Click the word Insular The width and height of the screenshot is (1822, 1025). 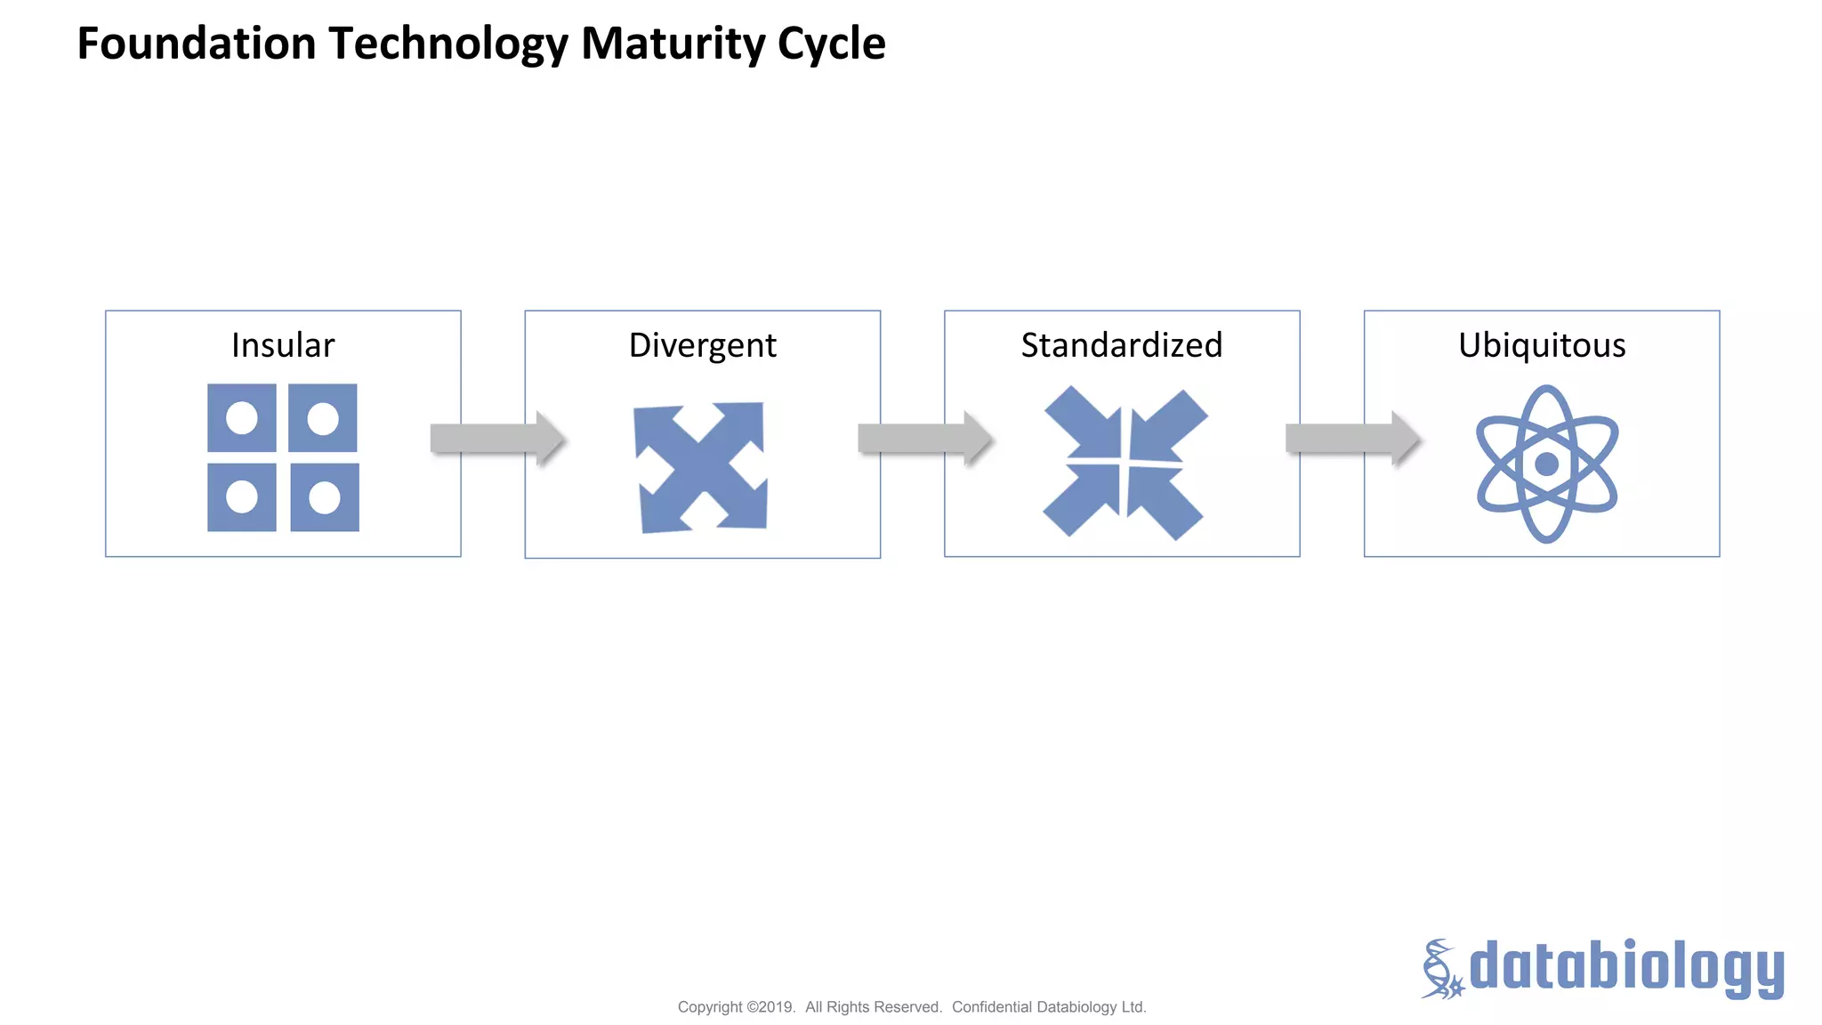coord(283,345)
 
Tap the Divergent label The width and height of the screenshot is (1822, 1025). coord(702,345)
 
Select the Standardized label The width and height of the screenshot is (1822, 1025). coord(1121,345)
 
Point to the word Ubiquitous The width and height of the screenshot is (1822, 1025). coord(1541,345)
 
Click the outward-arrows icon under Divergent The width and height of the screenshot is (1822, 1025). coord(701,467)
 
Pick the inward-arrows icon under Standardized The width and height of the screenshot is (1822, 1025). coord(1124,463)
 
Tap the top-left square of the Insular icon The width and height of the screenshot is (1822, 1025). coord(241,417)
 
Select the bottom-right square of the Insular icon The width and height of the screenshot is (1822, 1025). coord(325,497)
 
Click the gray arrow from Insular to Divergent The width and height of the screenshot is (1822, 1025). coord(496,438)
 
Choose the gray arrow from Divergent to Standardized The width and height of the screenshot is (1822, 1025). coord(924,438)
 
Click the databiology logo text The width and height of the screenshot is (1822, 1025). coord(1625,967)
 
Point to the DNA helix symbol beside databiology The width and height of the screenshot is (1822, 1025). coord(1440,969)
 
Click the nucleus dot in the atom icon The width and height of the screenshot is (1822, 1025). coord(1546,464)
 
